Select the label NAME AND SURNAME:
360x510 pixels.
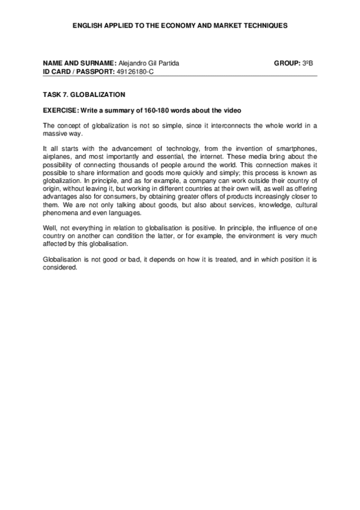79,63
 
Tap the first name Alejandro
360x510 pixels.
132,63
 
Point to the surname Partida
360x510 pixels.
169,63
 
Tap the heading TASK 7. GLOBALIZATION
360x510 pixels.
84,94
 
